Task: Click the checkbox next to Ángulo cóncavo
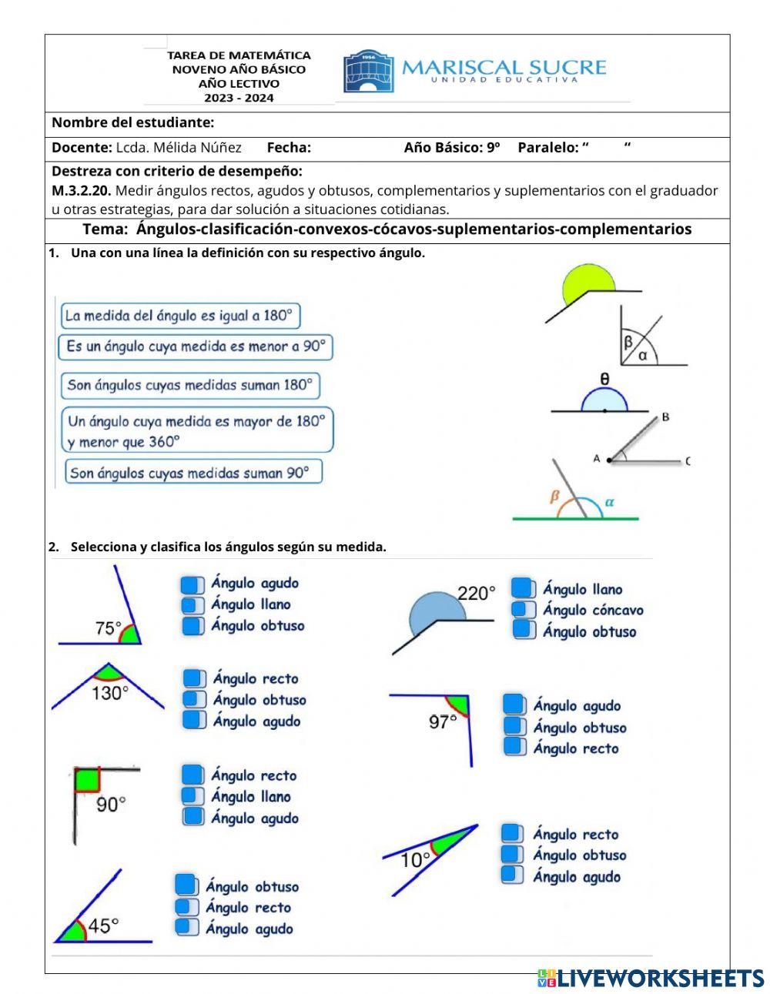[524, 610]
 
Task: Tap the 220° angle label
[477, 593]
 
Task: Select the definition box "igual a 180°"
[179, 316]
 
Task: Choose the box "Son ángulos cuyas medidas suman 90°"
[192, 472]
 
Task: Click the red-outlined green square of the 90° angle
[87, 780]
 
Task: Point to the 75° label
[108, 628]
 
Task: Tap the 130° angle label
[110, 693]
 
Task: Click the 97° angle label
[443, 721]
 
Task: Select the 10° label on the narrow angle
[415, 859]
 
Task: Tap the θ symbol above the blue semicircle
[604, 379]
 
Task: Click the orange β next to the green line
[554, 497]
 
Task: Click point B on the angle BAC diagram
[665, 417]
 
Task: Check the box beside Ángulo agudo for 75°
[192, 584]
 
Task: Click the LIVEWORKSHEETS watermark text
[660, 978]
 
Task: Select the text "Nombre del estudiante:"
[132, 122]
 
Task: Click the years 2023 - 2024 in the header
[239, 98]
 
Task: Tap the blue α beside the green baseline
[610, 502]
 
